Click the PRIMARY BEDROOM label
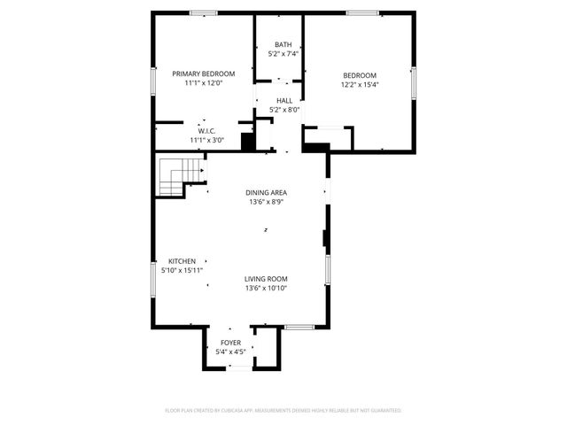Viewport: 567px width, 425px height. pyautogui.click(x=203, y=73)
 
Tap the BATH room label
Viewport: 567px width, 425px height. pyautogui.click(x=283, y=45)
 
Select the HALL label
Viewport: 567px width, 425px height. pyautogui.click(x=284, y=101)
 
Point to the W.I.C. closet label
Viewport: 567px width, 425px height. pyautogui.click(x=206, y=131)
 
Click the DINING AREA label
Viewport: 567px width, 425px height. pyautogui.click(x=267, y=192)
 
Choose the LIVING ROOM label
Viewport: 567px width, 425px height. pyautogui.click(x=267, y=279)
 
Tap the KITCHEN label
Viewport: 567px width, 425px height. pyautogui.click(x=183, y=261)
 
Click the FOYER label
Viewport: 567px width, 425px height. pyautogui.click(x=230, y=343)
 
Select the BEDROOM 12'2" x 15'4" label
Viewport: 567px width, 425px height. pyautogui.click(x=360, y=75)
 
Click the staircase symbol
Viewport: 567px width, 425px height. pyautogui.click(x=172, y=175)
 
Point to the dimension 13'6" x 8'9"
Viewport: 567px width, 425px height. pyautogui.click(x=267, y=202)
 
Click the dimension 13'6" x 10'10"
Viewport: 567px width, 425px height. pyautogui.click(x=267, y=288)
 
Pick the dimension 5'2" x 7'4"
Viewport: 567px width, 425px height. pyautogui.click(x=283, y=54)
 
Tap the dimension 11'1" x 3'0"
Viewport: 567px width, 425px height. pyautogui.click(x=206, y=140)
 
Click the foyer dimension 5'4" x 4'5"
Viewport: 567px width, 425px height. pyautogui.click(x=230, y=352)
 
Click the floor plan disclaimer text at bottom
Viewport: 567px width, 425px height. pyautogui.click(x=283, y=411)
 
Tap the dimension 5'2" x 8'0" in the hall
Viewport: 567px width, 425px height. pyautogui.click(x=284, y=110)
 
